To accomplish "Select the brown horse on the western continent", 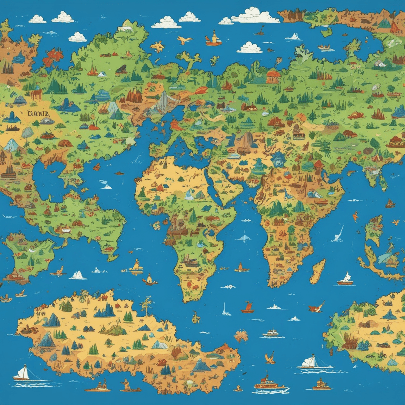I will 36,94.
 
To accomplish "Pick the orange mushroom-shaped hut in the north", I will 273,77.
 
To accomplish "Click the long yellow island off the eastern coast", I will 317,271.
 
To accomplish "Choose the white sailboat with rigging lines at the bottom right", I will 310,363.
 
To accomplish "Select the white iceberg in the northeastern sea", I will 294,37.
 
